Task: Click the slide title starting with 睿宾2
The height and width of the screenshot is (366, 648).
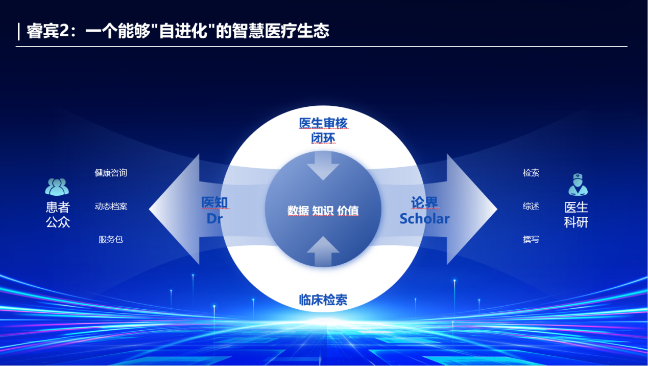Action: pos(178,31)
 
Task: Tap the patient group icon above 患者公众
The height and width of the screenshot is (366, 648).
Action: pos(57,187)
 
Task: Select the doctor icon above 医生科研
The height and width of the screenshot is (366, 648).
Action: pos(578,185)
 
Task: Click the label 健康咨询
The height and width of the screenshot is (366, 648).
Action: pos(111,173)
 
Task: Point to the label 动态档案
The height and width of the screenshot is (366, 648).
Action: pos(111,206)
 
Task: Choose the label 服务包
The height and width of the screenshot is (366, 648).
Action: pos(111,239)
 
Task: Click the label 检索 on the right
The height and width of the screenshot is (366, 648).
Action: pos(531,173)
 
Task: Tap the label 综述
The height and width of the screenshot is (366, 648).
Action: pos(531,206)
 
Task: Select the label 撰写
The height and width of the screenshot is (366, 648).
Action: pos(531,239)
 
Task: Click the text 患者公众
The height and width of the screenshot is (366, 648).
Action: pos(58,215)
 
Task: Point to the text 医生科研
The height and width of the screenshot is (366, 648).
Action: pos(576,215)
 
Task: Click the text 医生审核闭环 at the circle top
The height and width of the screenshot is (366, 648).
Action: pos(323,130)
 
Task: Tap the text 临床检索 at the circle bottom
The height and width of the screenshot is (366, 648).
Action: pos(323,300)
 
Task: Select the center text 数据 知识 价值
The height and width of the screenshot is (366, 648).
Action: pos(323,211)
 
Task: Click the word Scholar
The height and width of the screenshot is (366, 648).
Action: pos(424,219)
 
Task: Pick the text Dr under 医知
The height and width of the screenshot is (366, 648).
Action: pos(214,219)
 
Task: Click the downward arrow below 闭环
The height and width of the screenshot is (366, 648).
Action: pos(323,166)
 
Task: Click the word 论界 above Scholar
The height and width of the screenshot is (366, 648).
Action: pos(424,202)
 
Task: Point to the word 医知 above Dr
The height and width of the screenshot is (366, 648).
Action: pos(214,202)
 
